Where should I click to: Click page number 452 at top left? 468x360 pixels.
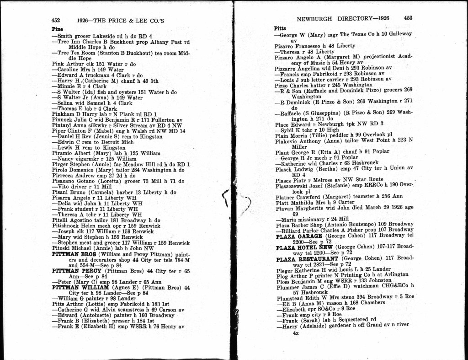point(56,21)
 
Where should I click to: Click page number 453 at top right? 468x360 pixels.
point(408,18)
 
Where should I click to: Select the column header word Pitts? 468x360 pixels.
point(280,28)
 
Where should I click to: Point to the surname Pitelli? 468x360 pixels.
point(61,220)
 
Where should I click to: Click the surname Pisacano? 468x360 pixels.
point(64,181)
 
